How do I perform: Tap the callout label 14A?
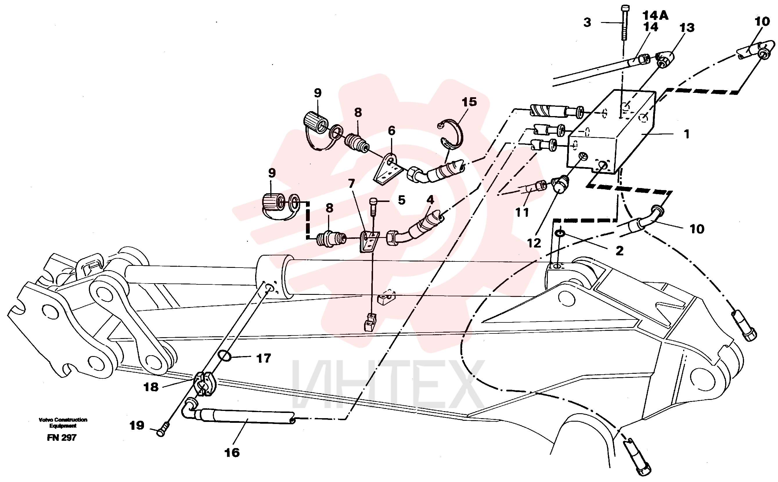(x=655, y=15)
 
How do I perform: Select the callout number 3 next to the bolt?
(x=587, y=22)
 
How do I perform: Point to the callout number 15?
(x=469, y=102)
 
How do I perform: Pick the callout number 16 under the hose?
(x=232, y=453)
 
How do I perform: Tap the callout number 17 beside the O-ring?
(x=264, y=358)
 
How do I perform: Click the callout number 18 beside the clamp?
(x=151, y=387)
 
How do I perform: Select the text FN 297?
(x=62, y=438)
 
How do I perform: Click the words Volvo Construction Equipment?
(x=63, y=423)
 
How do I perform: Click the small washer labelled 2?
(x=560, y=233)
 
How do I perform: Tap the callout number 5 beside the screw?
(x=401, y=200)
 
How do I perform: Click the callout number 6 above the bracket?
(x=392, y=131)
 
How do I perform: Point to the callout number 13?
(x=687, y=28)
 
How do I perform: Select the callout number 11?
(x=522, y=213)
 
